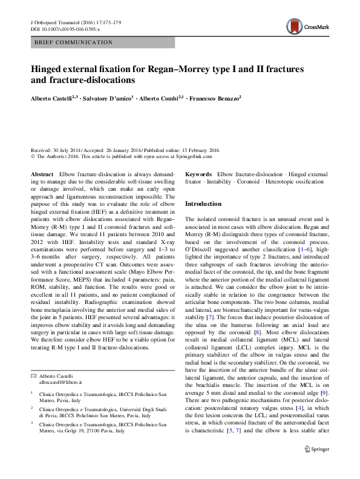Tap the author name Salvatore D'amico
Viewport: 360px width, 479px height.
[107, 97]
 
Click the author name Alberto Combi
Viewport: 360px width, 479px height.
[160, 97]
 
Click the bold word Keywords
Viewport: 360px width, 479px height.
[198, 174]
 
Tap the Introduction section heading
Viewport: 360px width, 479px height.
[203, 204]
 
